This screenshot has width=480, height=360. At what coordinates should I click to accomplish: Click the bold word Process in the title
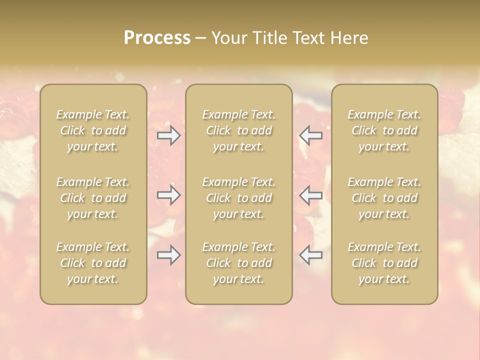click(157, 38)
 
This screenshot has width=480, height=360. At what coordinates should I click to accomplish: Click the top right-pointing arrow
click(168, 135)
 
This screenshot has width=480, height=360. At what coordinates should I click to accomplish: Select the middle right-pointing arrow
click(168, 195)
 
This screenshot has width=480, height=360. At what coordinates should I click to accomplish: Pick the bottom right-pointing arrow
click(168, 255)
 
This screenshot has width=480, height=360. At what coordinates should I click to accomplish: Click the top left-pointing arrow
click(310, 135)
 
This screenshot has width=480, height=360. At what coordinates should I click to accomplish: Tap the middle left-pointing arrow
click(310, 195)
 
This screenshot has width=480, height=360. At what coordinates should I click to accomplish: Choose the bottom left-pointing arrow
click(310, 255)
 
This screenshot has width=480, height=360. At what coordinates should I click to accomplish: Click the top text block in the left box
click(93, 130)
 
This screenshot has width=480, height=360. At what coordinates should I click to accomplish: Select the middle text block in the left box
click(93, 198)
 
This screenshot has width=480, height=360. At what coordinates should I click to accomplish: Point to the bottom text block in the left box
click(93, 263)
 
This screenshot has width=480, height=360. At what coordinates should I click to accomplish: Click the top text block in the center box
click(238, 130)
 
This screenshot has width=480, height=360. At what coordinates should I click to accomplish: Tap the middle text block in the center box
click(238, 198)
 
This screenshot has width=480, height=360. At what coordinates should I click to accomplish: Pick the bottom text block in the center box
click(238, 263)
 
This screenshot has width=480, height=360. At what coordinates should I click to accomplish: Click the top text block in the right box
click(384, 130)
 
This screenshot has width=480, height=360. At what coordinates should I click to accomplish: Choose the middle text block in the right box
click(384, 198)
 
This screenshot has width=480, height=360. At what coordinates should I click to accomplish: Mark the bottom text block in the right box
click(384, 263)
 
